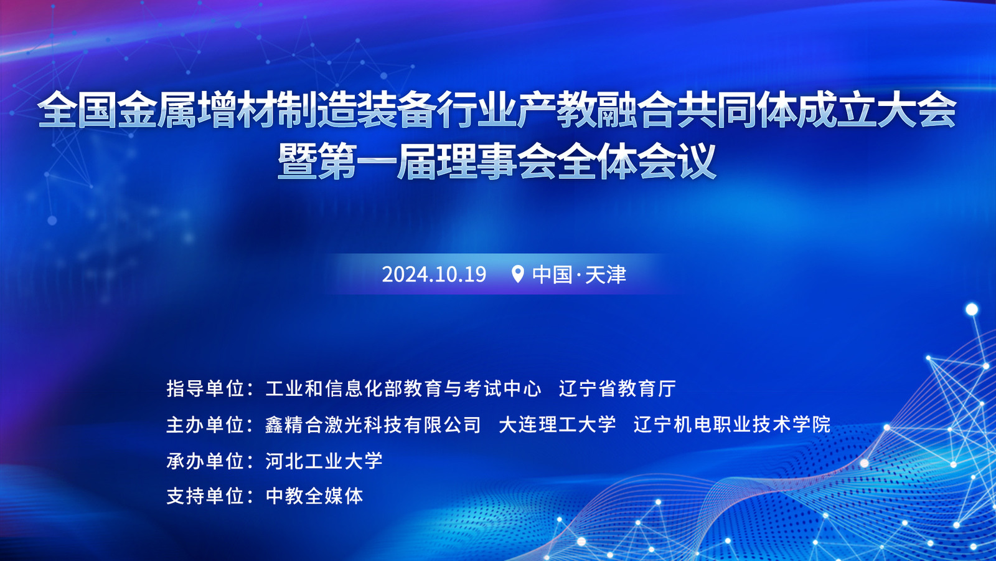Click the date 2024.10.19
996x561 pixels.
point(434,274)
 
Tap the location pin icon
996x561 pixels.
point(517,274)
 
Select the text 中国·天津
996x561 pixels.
point(580,274)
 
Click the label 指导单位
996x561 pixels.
point(205,388)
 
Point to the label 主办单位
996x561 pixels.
point(205,424)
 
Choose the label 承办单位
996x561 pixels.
point(205,461)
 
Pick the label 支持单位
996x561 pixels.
point(205,496)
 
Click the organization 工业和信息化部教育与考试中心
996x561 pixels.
point(403,388)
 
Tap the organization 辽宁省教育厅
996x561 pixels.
point(617,388)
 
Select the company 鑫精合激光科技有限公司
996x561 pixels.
point(373,424)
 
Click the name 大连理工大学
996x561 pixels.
point(558,424)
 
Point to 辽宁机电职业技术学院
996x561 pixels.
point(732,424)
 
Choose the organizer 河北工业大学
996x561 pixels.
point(324,461)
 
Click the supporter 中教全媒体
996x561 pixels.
point(314,496)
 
